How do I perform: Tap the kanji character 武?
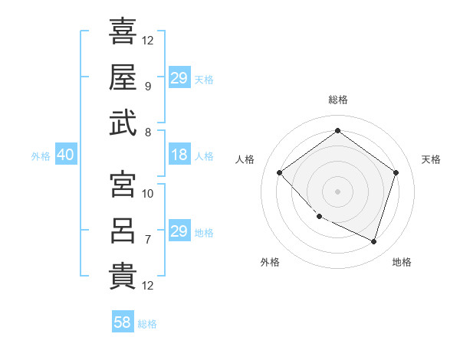tap(123, 123)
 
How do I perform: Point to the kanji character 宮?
tap(123, 185)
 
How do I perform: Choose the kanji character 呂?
tap(123, 231)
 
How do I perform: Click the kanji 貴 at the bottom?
tap(123, 277)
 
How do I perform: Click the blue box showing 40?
tap(65, 155)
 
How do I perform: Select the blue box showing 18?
tap(179, 155)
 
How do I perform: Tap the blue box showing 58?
tap(123, 323)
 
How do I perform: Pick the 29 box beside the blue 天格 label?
tap(179, 78)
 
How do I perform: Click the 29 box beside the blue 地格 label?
tap(179, 231)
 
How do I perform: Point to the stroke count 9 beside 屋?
tap(147, 86)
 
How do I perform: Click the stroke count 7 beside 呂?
tap(147, 239)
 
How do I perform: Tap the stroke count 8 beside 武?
tap(147, 131)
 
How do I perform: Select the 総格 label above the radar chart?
tap(337, 100)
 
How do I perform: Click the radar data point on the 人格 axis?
tap(280, 172)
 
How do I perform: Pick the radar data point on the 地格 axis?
tap(373, 241)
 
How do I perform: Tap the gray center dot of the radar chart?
tap(337, 191)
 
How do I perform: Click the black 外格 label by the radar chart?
tap(270, 263)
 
